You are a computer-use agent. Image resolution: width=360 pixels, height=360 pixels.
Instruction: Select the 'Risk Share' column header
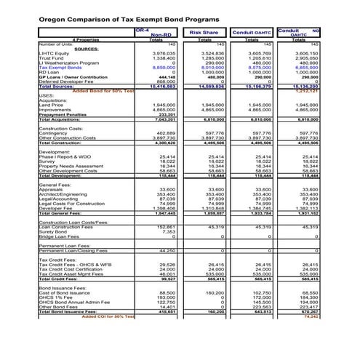205,32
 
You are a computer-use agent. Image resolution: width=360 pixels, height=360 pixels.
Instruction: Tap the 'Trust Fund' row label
52,58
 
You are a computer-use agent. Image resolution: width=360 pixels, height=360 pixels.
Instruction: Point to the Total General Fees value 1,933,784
259,213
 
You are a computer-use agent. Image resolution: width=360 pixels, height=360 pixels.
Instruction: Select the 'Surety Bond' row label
52,232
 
